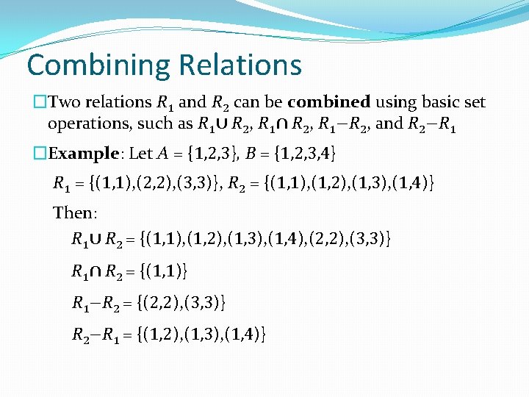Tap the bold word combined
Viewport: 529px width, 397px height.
[x=328, y=102]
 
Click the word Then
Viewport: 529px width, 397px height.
[x=73, y=213]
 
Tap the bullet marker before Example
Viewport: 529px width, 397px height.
[x=40, y=153]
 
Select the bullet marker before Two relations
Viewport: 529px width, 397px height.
[x=40, y=102]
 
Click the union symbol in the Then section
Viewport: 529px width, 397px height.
[x=96, y=238]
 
